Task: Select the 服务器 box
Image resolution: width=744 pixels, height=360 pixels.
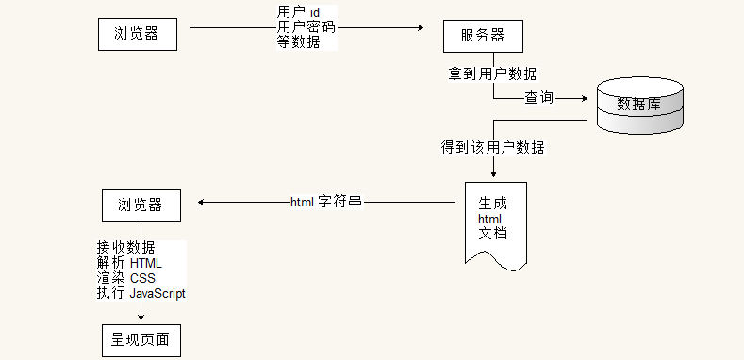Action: pos(482,36)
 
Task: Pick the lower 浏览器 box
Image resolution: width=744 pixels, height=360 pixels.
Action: pos(140,205)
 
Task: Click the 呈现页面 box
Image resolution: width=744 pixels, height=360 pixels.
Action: pos(140,339)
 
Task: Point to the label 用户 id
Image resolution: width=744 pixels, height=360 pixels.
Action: pos(300,11)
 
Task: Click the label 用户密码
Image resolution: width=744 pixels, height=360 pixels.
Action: pos(306,26)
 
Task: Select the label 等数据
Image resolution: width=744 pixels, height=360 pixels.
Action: pos(299,41)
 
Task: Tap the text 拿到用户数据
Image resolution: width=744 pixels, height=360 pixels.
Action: pos(493,73)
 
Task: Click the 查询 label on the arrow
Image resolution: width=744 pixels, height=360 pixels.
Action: pos(538,97)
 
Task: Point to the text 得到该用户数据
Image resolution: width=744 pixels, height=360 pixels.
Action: pos(492,147)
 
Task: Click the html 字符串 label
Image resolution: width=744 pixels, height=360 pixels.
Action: pos(326,202)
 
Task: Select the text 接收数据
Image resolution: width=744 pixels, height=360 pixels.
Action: pos(125,248)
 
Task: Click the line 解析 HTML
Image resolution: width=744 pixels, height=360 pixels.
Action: pos(129,263)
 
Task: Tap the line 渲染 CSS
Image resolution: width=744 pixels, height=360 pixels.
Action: pos(125,278)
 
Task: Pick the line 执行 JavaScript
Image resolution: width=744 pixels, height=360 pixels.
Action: pos(141,293)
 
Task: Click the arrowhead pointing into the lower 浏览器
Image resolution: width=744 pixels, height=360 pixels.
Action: pos(201,202)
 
